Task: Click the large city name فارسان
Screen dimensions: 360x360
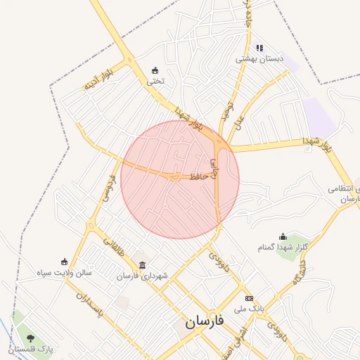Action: [x=204, y=322]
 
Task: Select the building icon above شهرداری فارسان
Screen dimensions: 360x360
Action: [x=143, y=265]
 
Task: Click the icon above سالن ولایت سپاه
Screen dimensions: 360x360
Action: [x=64, y=261]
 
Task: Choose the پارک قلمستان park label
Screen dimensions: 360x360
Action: [x=31, y=349]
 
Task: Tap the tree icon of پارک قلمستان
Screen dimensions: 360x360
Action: [x=30, y=338]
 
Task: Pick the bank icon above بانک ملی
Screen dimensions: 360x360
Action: [x=248, y=298]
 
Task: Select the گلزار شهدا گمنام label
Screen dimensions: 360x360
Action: [x=284, y=247]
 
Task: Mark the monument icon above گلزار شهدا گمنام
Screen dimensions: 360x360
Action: [x=283, y=236]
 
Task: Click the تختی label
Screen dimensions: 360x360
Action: [x=155, y=81]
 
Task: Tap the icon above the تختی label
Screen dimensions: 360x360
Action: [x=155, y=70]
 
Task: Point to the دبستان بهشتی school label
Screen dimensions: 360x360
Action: [x=259, y=59]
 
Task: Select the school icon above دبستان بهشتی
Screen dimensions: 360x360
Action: [x=259, y=48]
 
